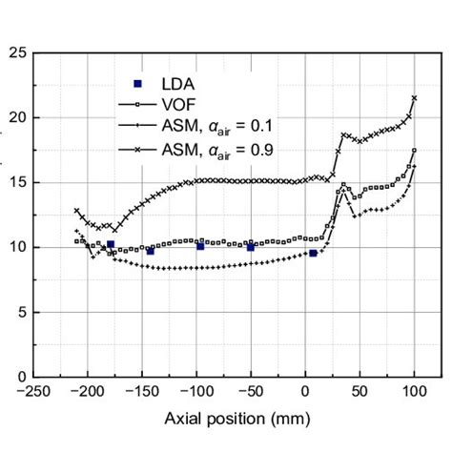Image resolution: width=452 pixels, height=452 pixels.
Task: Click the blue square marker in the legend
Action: tap(137, 84)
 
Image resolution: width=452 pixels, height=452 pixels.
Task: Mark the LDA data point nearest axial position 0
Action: tap(313, 253)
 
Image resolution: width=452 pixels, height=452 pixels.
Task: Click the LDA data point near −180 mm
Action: tap(111, 245)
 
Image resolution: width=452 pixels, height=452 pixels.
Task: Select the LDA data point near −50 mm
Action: tap(251, 246)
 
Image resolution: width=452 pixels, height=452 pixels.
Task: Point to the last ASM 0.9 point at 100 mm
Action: tap(414, 97)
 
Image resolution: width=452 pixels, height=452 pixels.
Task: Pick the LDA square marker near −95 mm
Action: tap(200, 246)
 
